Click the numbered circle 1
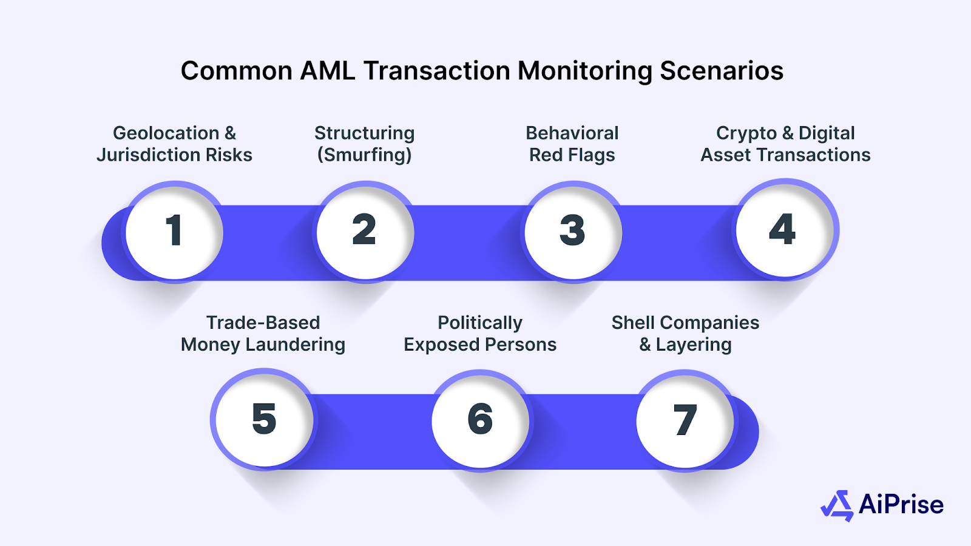click(x=174, y=231)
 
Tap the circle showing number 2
click(x=365, y=231)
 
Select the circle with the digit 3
click(x=572, y=231)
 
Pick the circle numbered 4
click(x=783, y=230)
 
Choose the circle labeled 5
click(x=264, y=419)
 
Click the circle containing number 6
click(x=480, y=420)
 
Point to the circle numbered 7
click(x=685, y=420)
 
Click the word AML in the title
click(x=328, y=71)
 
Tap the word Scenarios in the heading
click(x=722, y=71)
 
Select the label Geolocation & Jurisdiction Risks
click(x=174, y=144)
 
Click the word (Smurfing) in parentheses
click(x=365, y=155)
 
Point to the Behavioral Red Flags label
click(x=572, y=144)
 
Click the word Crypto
click(x=746, y=133)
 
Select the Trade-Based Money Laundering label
click(x=263, y=333)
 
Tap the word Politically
click(x=480, y=323)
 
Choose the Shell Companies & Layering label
click(x=685, y=333)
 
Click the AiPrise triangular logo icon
click(x=837, y=505)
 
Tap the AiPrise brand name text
click(x=901, y=505)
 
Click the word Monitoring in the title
click(x=584, y=71)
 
